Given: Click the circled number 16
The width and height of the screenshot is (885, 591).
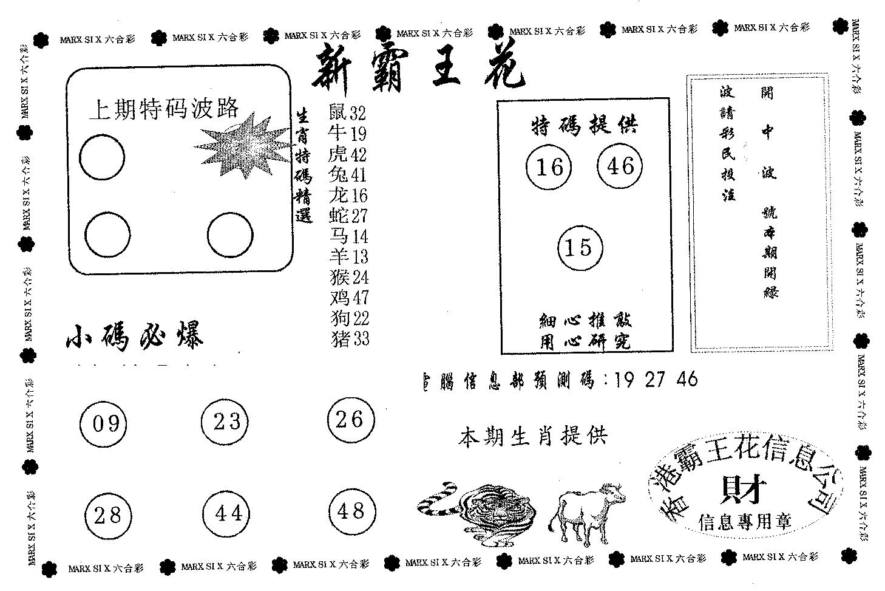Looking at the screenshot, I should (x=549, y=167).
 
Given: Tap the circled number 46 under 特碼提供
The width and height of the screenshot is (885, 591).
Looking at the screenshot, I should (x=620, y=166).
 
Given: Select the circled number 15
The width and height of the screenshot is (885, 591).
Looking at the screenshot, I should (x=580, y=248).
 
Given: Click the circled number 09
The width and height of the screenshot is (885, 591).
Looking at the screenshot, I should (x=103, y=423).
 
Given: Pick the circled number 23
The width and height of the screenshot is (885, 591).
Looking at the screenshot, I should (x=226, y=421).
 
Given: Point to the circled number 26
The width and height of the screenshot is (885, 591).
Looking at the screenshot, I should (x=350, y=419).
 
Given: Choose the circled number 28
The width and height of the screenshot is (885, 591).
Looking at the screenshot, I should (x=108, y=516).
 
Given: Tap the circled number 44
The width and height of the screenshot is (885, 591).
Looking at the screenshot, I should (x=228, y=514).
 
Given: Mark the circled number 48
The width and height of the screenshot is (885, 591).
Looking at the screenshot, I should (x=351, y=511).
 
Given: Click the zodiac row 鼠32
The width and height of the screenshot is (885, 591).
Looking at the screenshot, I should (x=347, y=113).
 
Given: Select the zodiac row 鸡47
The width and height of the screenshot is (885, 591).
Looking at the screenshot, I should (x=348, y=298).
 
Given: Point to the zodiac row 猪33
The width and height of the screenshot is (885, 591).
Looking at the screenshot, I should (x=348, y=338).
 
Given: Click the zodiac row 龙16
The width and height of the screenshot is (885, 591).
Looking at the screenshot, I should (x=347, y=195).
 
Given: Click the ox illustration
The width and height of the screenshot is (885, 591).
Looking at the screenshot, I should (x=585, y=509).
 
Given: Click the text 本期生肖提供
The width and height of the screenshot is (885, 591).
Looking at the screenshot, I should (x=533, y=437).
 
